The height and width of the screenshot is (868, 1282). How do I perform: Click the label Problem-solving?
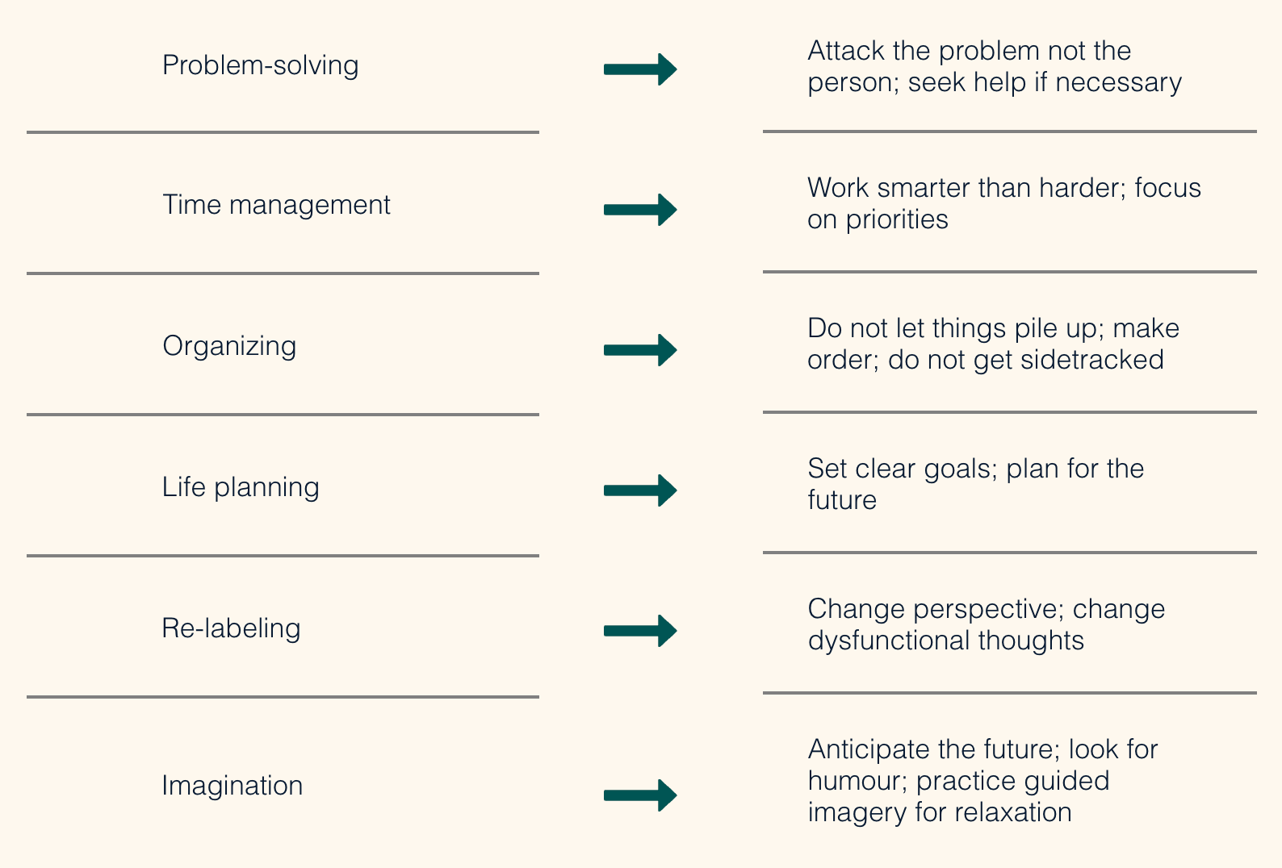(x=261, y=66)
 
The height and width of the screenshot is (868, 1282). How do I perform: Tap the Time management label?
(x=276, y=205)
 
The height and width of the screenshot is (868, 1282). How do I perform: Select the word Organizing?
(x=229, y=347)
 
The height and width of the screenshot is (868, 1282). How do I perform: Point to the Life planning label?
(x=241, y=487)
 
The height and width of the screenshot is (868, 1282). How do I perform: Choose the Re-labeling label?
(x=231, y=628)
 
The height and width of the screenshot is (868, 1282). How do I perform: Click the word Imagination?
(x=233, y=786)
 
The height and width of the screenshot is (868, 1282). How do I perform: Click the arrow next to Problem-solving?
(x=640, y=69)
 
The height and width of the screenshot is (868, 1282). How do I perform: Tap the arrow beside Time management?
(x=640, y=209)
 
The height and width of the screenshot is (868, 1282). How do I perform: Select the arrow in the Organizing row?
(x=640, y=350)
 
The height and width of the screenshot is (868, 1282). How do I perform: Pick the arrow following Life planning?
(x=640, y=490)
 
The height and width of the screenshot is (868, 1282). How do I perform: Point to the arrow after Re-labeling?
(x=640, y=631)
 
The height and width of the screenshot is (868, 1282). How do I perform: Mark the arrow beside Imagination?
(x=640, y=795)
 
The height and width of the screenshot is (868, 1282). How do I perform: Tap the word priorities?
(x=897, y=220)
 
